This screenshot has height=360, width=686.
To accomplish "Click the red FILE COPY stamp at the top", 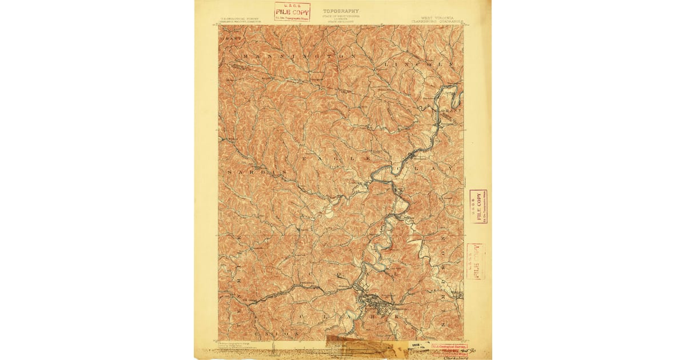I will [292, 11].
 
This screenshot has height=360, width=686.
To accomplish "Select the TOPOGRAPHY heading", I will [341, 11].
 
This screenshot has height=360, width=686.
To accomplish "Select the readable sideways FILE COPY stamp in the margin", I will [477, 207].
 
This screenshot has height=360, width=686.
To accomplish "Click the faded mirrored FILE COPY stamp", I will [474, 261].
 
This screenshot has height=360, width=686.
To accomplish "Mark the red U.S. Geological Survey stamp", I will [449, 347].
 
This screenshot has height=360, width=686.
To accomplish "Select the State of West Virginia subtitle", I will [341, 17].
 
